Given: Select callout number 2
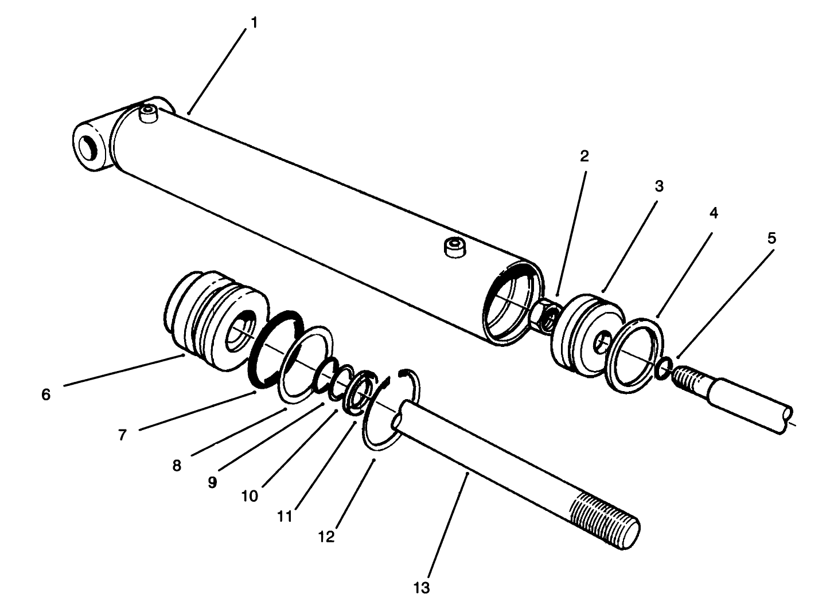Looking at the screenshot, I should [x=584, y=156].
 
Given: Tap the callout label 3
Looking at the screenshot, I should [x=658, y=186].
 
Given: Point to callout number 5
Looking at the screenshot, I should [x=771, y=238].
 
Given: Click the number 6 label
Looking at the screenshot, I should [x=46, y=395].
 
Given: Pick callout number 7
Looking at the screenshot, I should [x=122, y=435].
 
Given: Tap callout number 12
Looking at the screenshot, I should [x=326, y=537].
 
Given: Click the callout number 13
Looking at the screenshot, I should [x=421, y=588].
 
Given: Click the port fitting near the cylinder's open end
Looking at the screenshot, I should [x=453, y=248].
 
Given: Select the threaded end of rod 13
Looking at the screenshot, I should [x=605, y=519].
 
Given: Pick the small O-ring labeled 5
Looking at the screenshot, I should [x=663, y=368].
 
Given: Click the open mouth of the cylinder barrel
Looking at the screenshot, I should [x=512, y=303].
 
